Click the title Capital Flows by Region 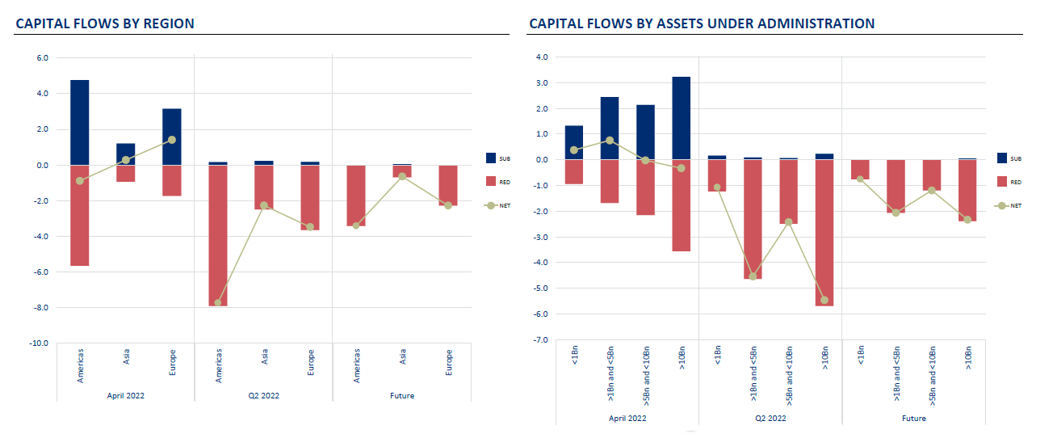click(x=105, y=23)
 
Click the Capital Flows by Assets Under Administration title click(x=701, y=23)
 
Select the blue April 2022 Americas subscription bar click(x=80, y=122)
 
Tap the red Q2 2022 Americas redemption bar click(x=218, y=235)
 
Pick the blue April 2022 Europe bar click(x=172, y=137)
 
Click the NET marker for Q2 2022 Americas click(x=218, y=303)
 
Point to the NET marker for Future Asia click(x=402, y=176)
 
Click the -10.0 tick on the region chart click(x=39, y=343)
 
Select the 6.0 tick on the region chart click(x=42, y=58)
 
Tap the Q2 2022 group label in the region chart click(x=263, y=396)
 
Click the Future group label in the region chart click(x=401, y=396)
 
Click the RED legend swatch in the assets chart click(x=1003, y=182)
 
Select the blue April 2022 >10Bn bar click(x=681, y=118)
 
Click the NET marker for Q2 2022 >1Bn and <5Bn click(x=753, y=276)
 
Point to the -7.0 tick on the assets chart click(x=541, y=340)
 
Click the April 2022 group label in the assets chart click(x=627, y=419)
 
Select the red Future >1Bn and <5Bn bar click(x=896, y=186)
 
